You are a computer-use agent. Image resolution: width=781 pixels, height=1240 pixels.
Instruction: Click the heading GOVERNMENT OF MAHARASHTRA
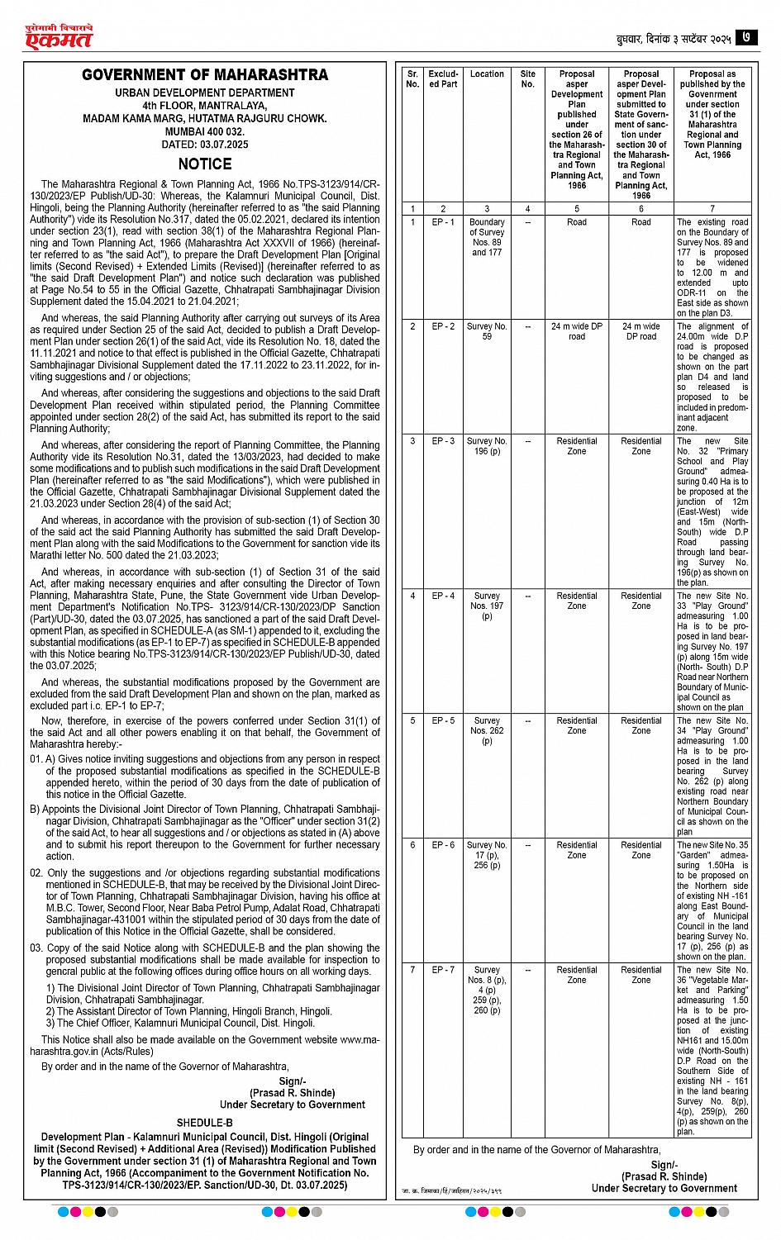pyautogui.click(x=205, y=75)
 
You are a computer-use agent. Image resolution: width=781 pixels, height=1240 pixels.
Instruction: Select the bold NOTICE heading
pyautogui.click(x=205, y=164)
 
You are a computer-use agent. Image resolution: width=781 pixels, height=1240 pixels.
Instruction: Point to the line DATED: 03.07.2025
pyautogui.click(x=205, y=145)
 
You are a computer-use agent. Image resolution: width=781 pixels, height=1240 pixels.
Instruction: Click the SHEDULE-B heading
pyautogui.click(x=204, y=1123)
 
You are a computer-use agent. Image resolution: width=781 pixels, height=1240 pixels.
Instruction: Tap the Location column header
pyautogui.click(x=487, y=74)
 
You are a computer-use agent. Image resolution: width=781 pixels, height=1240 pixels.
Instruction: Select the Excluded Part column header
pyautogui.click(x=443, y=79)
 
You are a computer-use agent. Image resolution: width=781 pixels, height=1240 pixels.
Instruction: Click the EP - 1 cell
pyautogui.click(x=443, y=222)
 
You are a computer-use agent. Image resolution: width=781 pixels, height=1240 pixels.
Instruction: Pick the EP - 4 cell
pyautogui.click(x=443, y=596)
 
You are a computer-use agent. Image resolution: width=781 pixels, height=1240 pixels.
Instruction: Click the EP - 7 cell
pyautogui.click(x=443, y=970)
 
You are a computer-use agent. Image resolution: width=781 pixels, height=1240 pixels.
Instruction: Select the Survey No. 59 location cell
pyautogui.click(x=487, y=331)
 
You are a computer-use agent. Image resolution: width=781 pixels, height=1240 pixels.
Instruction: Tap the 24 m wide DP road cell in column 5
pyautogui.click(x=577, y=331)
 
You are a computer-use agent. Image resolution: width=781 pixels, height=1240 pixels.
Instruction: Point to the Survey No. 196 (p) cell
pyautogui.click(x=487, y=446)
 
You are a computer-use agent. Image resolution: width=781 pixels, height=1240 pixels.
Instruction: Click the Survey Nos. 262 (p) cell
pyautogui.click(x=487, y=730)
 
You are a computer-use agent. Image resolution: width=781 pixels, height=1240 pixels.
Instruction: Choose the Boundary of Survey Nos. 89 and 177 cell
pyautogui.click(x=487, y=237)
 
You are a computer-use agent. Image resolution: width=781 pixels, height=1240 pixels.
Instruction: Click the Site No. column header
pyautogui.click(x=528, y=79)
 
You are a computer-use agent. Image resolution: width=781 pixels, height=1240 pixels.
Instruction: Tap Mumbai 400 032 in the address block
pyautogui.click(x=205, y=132)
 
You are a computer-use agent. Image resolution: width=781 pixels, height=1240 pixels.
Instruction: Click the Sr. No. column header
pyautogui.click(x=413, y=79)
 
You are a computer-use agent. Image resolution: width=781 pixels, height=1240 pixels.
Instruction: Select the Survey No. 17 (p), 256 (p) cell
pyautogui.click(x=487, y=855)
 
